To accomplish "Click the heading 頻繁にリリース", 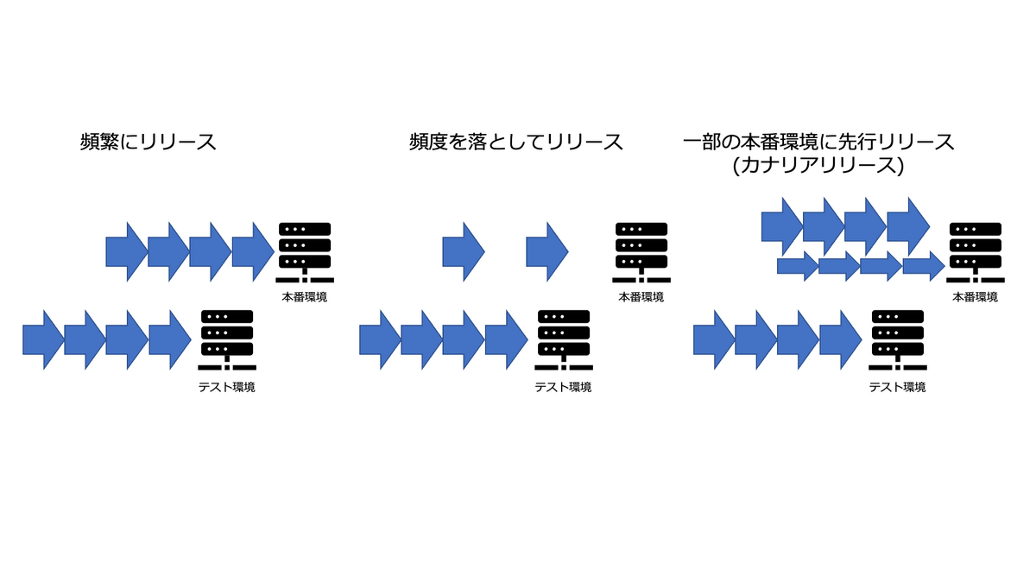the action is pyautogui.click(x=148, y=143).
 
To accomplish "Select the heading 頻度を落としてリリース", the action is pyautogui.click(x=516, y=143).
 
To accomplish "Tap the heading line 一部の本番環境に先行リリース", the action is pyautogui.click(x=818, y=143).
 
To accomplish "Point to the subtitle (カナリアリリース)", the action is pyautogui.click(x=817, y=166).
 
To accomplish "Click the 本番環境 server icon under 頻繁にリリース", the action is pyautogui.click(x=305, y=251).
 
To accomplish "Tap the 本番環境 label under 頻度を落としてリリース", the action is pyautogui.click(x=641, y=297).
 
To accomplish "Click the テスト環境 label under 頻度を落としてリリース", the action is pyautogui.click(x=563, y=387).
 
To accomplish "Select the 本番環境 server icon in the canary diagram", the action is pyautogui.click(x=975, y=251).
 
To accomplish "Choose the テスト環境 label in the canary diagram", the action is pyautogui.click(x=897, y=387).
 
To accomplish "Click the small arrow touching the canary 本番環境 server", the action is pyautogui.click(x=924, y=266).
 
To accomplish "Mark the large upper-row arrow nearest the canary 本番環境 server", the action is pyautogui.click(x=907, y=226).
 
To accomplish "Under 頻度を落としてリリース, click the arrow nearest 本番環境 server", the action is pyautogui.click(x=547, y=251).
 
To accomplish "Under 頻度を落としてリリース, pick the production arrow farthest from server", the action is pyautogui.click(x=464, y=251).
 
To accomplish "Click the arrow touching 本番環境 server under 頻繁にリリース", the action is pyautogui.click(x=253, y=251).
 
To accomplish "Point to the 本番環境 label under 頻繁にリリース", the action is pyautogui.click(x=304, y=297).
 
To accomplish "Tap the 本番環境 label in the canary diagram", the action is pyautogui.click(x=975, y=297).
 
